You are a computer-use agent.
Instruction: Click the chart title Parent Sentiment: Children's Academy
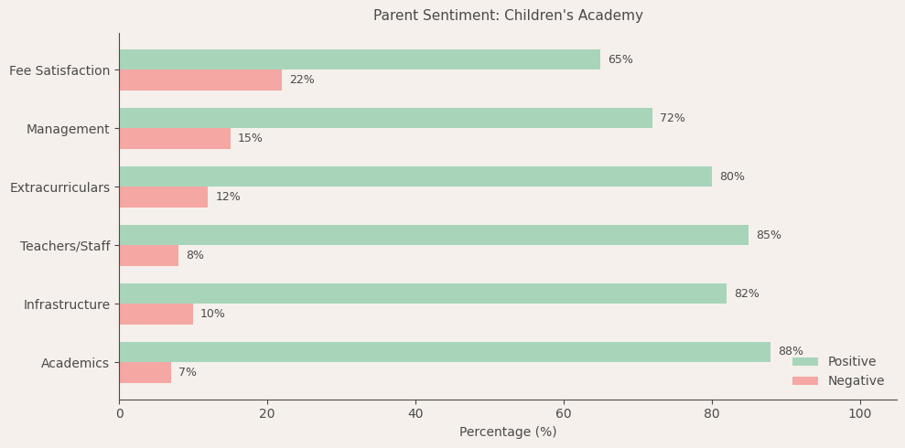508,16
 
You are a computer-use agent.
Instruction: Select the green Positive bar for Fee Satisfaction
360,59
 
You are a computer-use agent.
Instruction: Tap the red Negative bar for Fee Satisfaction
200,80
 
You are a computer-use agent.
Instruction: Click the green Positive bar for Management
385,118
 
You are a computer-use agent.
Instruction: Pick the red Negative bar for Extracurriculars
163,197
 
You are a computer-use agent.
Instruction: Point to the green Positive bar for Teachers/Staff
434,235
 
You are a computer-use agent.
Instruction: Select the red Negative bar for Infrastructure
156,314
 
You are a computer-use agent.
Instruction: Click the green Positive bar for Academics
445,352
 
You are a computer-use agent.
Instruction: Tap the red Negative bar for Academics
145,372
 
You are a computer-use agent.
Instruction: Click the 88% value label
791,352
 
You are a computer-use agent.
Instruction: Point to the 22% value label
302,80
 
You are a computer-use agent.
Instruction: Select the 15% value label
250,139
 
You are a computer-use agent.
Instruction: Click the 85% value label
768,235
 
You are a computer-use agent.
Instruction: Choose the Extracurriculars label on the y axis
59,187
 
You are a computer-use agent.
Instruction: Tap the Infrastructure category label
67,304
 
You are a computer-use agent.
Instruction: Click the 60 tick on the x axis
564,414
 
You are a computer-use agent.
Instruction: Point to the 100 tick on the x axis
859,414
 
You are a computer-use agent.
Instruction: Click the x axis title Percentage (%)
508,432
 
